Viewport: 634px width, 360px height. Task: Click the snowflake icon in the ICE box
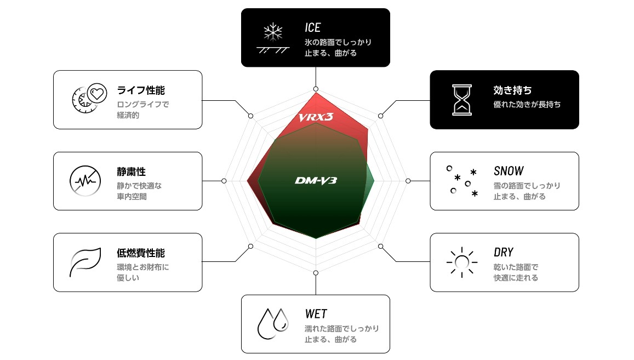[273, 32]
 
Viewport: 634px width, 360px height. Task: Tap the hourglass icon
[462, 100]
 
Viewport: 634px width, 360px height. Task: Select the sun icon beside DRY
[462, 262]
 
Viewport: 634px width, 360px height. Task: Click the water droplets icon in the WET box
[273, 324]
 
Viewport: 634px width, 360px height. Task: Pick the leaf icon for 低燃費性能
[85, 262]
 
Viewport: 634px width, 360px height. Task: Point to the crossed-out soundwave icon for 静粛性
[85, 181]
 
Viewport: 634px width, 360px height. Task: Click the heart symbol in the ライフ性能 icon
[97, 94]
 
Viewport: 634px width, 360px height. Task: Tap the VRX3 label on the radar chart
[316, 117]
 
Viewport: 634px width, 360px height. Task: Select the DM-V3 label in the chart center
[316, 180]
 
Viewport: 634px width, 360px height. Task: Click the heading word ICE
[312, 27]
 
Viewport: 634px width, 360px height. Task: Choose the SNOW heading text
[509, 171]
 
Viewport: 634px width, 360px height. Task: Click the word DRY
[504, 253]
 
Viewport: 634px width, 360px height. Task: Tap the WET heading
[316, 314]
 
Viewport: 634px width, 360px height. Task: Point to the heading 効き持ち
[512, 90]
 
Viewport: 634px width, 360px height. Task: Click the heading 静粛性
[131, 172]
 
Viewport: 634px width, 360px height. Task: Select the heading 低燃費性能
[141, 253]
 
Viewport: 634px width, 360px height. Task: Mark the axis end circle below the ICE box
[316, 89]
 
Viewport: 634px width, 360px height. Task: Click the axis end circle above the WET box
[316, 273]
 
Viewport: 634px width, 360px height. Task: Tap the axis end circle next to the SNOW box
[408, 181]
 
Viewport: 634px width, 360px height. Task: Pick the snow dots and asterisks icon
[462, 181]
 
